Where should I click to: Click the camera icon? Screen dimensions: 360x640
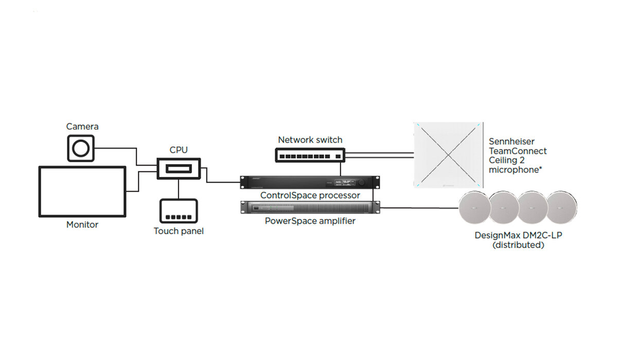81,148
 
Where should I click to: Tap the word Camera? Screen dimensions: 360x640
82,127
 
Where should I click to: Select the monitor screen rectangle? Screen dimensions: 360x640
82,191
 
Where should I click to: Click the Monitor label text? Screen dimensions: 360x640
82,225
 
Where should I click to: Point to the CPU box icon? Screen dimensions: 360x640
179,169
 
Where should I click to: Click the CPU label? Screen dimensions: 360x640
179,150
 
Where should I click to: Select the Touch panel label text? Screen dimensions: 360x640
179,231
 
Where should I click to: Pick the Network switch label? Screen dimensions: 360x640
310,140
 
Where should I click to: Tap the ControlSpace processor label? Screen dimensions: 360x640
310,195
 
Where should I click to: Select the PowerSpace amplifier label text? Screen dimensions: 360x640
310,221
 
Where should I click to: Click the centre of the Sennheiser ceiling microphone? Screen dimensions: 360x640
449,155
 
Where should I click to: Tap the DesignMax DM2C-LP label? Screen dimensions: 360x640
518,236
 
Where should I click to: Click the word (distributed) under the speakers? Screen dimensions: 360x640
518,245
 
